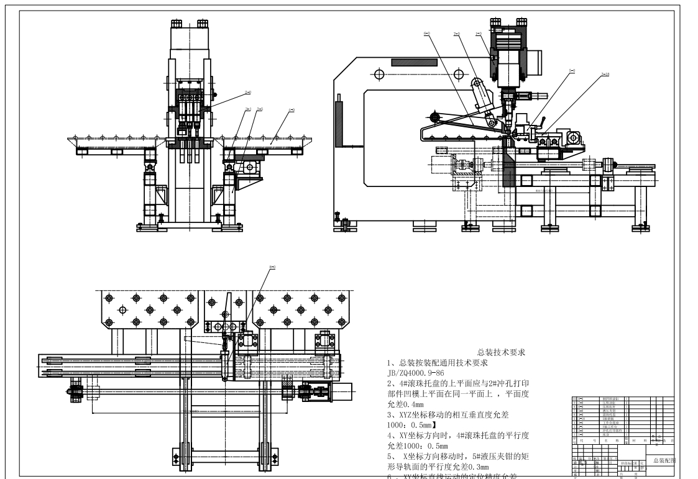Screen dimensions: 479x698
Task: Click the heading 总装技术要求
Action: [x=501, y=352]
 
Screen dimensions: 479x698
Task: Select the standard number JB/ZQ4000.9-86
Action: [x=415, y=373]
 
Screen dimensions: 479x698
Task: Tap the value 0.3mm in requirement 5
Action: [x=477, y=467]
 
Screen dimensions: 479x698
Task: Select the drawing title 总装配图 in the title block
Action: [x=664, y=460]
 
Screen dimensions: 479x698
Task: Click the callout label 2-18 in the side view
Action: [x=605, y=75]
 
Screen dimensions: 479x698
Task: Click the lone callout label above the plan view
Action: [x=272, y=268]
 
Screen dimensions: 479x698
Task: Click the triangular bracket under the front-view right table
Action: [x=247, y=185]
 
